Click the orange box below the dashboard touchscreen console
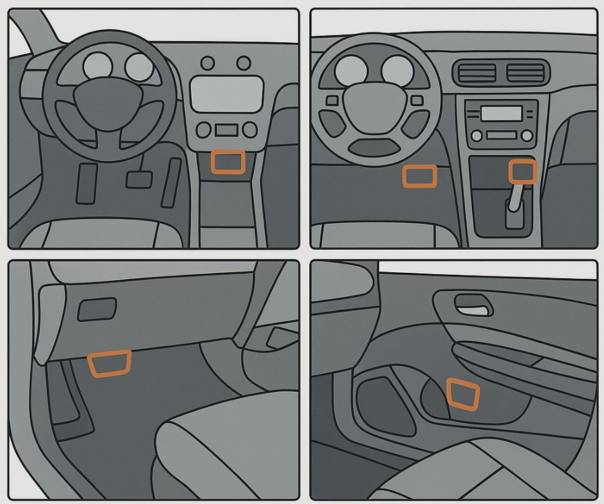(x=227, y=162)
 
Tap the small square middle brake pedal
(x=137, y=178)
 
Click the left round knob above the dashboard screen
(x=208, y=63)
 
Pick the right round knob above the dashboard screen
(x=244, y=63)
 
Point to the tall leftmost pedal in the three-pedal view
(x=87, y=183)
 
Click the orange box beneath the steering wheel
(x=420, y=176)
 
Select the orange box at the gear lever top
(x=522, y=170)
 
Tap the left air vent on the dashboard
(x=476, y=73)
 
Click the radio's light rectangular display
(x=500, y=114)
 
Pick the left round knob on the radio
(x=476, y=135)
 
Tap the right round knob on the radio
(x=527, y=135)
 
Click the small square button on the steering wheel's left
(x=332, y=101)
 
